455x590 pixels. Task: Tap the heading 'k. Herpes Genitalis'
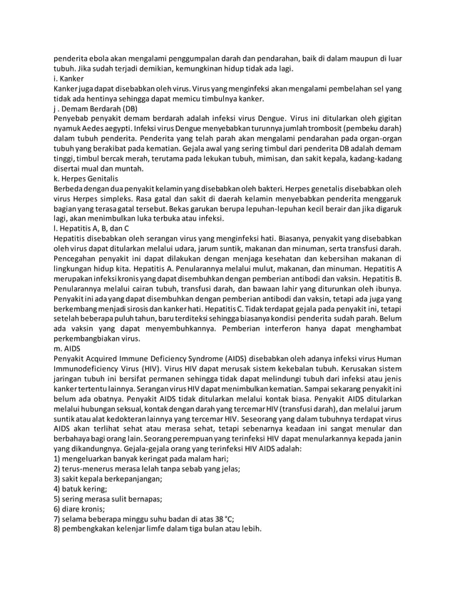[x=86, y=178]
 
